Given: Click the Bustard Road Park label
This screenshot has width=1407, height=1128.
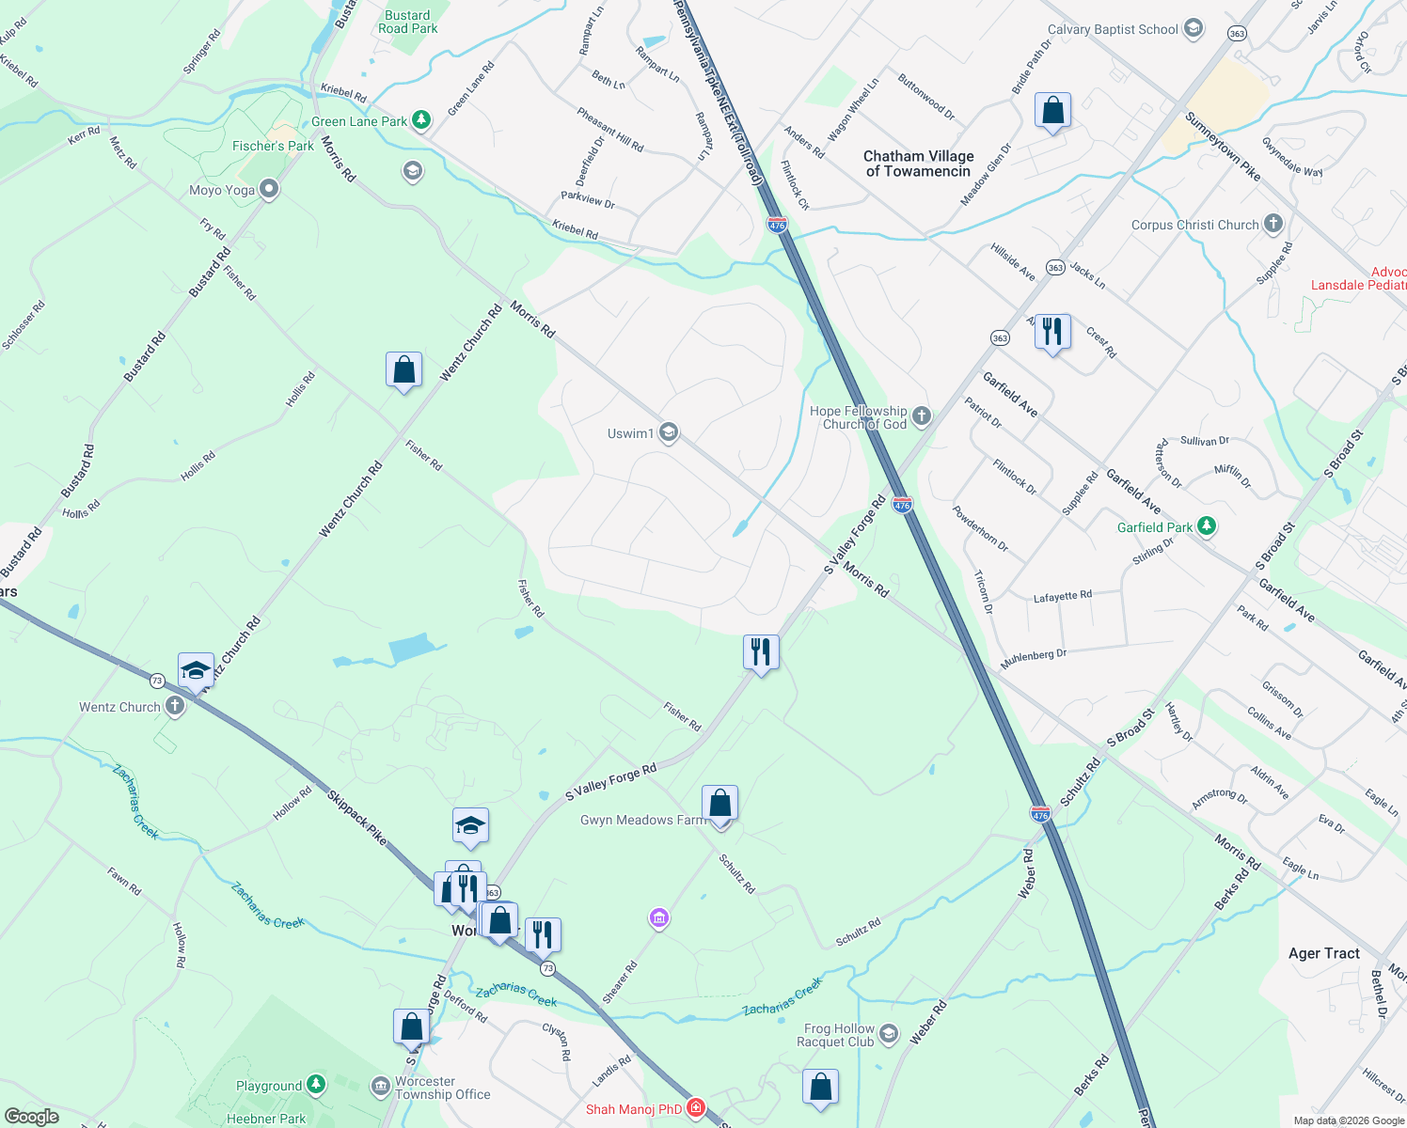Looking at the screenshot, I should point(407,22).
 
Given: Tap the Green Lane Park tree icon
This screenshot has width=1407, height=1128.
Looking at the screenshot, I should point(421,120).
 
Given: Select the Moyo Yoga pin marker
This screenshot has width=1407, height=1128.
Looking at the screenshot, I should point(269,190).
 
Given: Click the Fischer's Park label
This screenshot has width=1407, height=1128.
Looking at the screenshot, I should point(273,146).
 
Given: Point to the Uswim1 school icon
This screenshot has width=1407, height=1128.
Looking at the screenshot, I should point(669,432).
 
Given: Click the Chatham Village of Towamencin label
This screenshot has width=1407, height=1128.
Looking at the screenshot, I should point(918,164).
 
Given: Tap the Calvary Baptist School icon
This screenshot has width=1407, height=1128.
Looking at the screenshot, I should point(1194,29).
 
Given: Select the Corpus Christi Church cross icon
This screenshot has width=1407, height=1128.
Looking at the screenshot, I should point(1273,224).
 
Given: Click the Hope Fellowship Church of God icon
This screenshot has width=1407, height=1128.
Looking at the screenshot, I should point(922,416).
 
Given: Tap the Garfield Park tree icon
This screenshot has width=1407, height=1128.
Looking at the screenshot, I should point(1207,527).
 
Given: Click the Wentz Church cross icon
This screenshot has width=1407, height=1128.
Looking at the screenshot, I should point(175,706).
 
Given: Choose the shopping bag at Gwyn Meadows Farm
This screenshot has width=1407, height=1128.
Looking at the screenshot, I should point(719,805).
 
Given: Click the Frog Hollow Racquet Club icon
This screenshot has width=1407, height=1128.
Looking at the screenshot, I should point(889,1035).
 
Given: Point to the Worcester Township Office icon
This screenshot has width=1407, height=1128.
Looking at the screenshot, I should point(380,1088).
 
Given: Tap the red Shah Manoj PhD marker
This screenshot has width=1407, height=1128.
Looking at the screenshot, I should point(696,1108).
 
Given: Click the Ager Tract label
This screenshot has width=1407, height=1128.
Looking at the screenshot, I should point(1323,953).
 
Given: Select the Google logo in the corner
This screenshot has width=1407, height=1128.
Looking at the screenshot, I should point(31,1116).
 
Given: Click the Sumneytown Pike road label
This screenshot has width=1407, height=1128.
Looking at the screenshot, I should point(1222,147).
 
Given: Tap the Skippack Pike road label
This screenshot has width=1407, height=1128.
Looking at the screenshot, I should point(357,817).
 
